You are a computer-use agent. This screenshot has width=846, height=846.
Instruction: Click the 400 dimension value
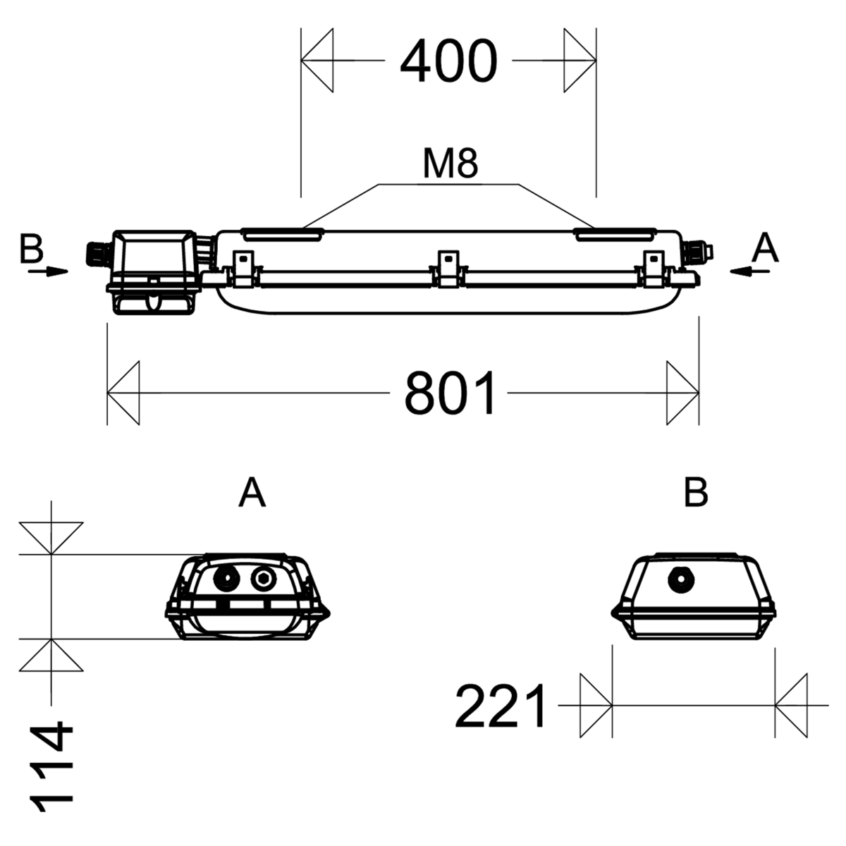pyautogui.click(x=448, y=61)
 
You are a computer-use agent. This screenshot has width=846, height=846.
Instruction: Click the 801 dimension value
pyautogui.click(x=450, y=393)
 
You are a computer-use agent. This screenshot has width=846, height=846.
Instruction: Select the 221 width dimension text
pyautogui.click(x=501, y=706)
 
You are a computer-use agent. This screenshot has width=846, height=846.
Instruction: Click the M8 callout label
pyautogui.click(x=450, y=164)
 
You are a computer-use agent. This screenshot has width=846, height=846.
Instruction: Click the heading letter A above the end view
pyautogui.click(x=252, y=493)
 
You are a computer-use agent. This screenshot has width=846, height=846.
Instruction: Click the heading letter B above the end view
pyautogui.click(x=695, y=493)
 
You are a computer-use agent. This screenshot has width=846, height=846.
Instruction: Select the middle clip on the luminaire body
pyautogui.click(x=447, y=269)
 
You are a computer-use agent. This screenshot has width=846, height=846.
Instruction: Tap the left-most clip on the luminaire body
pyautogui.click(x=241, y=269)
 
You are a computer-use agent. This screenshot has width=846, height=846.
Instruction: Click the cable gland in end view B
pyautogui.click(x=682, y=581)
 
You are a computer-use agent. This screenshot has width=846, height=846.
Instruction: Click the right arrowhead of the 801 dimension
pyautogui.click(x=682, y=393)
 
